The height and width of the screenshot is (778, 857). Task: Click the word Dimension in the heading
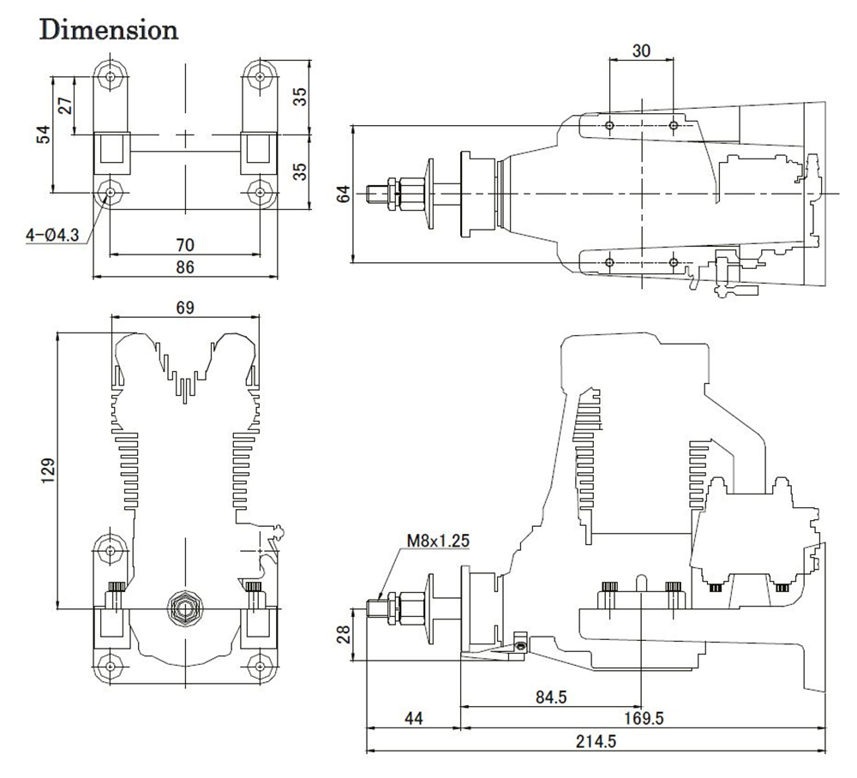pos(109,29)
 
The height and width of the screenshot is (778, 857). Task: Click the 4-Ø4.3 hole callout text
pos(53,235)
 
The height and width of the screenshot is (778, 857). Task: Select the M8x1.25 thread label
pos(438,541)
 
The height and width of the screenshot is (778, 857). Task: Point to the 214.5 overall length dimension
pos(596,741)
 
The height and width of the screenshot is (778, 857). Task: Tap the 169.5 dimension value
pos(644,718)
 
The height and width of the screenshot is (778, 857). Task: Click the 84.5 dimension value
pos(551,697)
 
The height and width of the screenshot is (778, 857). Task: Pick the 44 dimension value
pos(413,718)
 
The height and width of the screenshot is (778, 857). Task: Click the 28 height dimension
pos(344,634)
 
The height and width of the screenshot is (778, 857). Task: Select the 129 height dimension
pos(48,470)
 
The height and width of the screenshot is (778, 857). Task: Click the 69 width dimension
pos(185,308)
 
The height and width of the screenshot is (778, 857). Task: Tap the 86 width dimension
pos(185,266)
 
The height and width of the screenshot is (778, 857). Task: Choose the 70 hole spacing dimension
pos(185,244)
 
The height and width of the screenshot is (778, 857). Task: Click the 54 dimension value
pos(43,135)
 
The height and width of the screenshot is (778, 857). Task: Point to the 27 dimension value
pos(65,105)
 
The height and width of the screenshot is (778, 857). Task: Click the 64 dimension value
pos(344,194)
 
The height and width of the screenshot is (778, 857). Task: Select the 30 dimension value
pos(641,51)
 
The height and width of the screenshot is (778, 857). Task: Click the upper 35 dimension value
pos(300,97)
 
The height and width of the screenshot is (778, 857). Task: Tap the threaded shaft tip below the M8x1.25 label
pos(374,607)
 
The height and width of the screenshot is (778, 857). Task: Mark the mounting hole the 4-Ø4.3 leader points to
pos(111,192)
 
